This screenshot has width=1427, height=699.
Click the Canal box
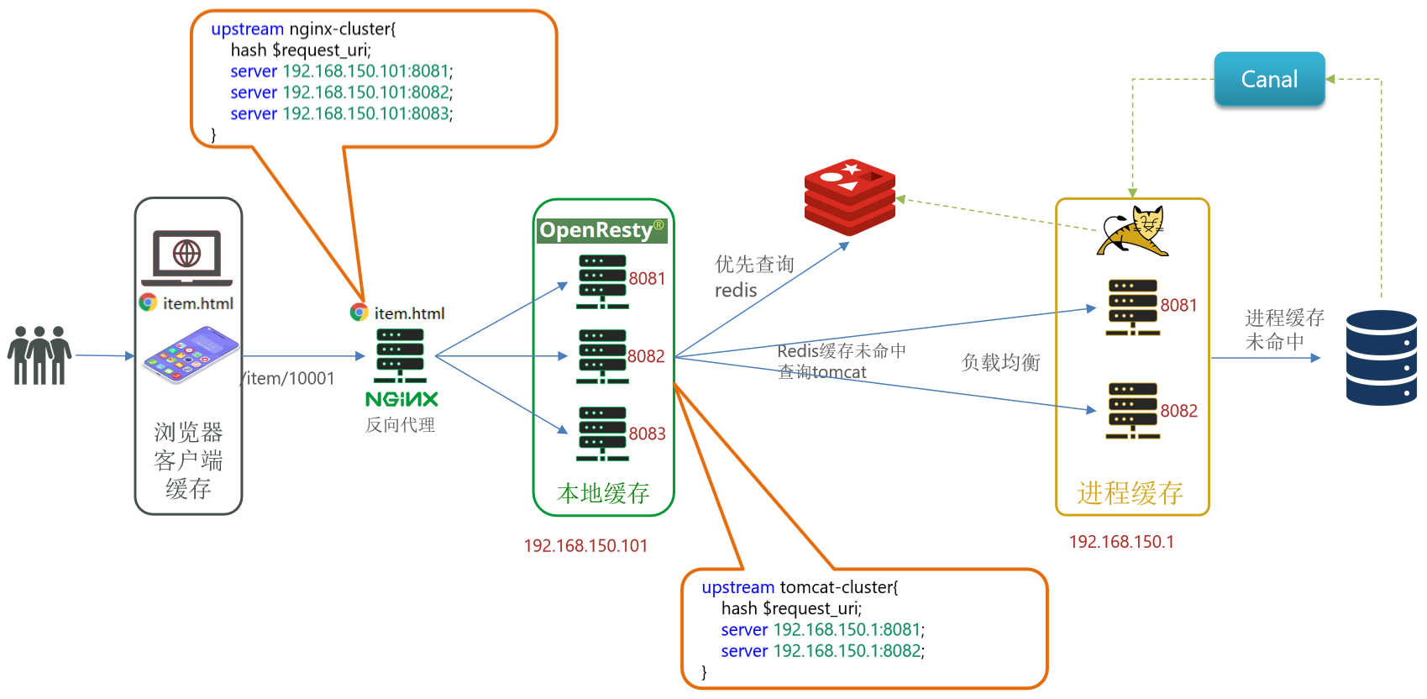pos(1269,79)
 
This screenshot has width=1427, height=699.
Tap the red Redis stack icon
pos(849,197)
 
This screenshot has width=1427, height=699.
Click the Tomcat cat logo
pos(1134,231)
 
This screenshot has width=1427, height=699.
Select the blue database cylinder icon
pos(1381,358)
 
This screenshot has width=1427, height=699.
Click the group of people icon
pos(39,355)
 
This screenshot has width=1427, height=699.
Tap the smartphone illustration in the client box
pos(191,355)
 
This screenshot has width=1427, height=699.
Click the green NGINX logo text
pos(401,399)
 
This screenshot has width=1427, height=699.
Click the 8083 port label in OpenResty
pos(647,434)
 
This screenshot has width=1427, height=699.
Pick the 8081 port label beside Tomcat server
pos(1178,306)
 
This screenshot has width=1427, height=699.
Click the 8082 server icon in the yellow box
pos(1132,411)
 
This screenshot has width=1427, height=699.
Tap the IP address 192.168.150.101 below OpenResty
pos(585,546)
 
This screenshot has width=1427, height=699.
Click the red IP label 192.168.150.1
pos(1121,542)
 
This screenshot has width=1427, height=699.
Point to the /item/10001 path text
pos(290,379)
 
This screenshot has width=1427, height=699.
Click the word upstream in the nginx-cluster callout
pos(247,29)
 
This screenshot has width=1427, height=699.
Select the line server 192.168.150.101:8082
pos(341,92)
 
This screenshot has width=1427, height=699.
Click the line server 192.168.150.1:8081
pos(822,630)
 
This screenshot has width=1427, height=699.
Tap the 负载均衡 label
pos(1000,363)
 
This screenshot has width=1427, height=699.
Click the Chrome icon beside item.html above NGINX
pos(359,313)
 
